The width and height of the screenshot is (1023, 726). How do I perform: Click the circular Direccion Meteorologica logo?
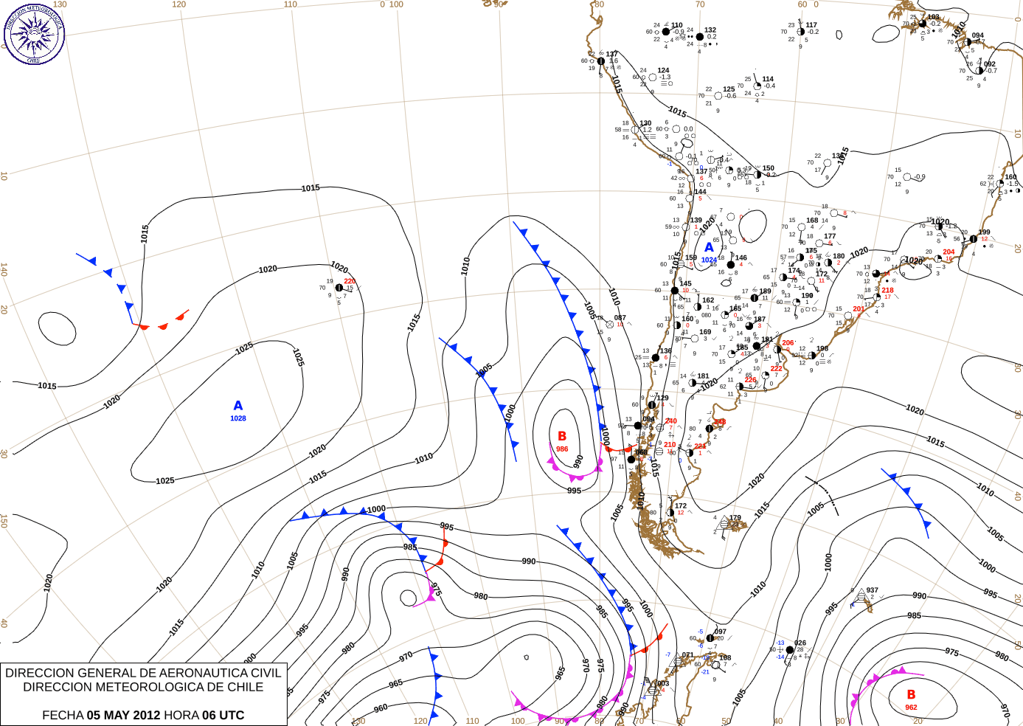[x=34, y=33]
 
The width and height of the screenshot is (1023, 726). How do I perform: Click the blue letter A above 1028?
[x=238, y=406]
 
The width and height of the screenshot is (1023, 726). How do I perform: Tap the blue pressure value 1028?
[x=238, y=418]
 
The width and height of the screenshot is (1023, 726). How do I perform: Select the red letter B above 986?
[x=562, y=437]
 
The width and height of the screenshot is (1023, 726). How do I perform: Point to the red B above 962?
[x=911, y=695]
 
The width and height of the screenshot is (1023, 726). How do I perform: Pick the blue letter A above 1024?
[x=710, y=248]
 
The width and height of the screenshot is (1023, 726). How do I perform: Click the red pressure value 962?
[x=911, y=708]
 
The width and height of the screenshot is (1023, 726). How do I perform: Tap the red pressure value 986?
[x=562, y=449]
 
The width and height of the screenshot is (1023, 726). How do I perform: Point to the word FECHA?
[x=63, y=715]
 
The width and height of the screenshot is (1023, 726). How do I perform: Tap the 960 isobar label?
[x=381, y=708]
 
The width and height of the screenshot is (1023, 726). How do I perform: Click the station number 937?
[x=873, y=590]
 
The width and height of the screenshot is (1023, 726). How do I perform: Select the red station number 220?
[x=350, y=281]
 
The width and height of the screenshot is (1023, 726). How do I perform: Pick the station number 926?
[x=800, y=643]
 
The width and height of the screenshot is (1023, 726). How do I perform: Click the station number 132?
[x=710, y=30]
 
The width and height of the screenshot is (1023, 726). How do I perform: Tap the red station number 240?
[x=671, y=421]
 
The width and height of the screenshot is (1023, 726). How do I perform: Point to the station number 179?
[x=735, y=518]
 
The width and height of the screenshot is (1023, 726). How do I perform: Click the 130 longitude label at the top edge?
[x=60, y=4]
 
